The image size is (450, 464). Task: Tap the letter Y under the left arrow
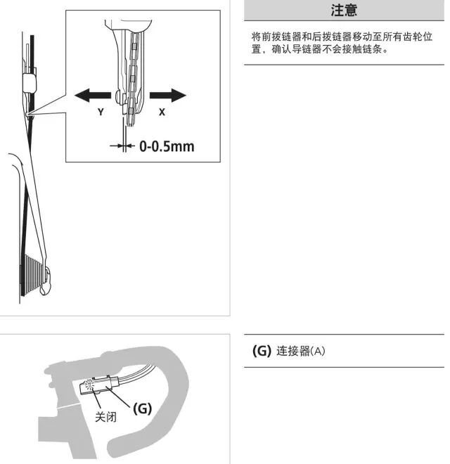(x=101, y=112)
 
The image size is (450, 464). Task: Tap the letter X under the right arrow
(x=162, y=112)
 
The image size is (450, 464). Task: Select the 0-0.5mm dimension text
(x=167, y=146)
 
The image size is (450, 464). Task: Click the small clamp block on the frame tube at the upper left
(x=30, y=83)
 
